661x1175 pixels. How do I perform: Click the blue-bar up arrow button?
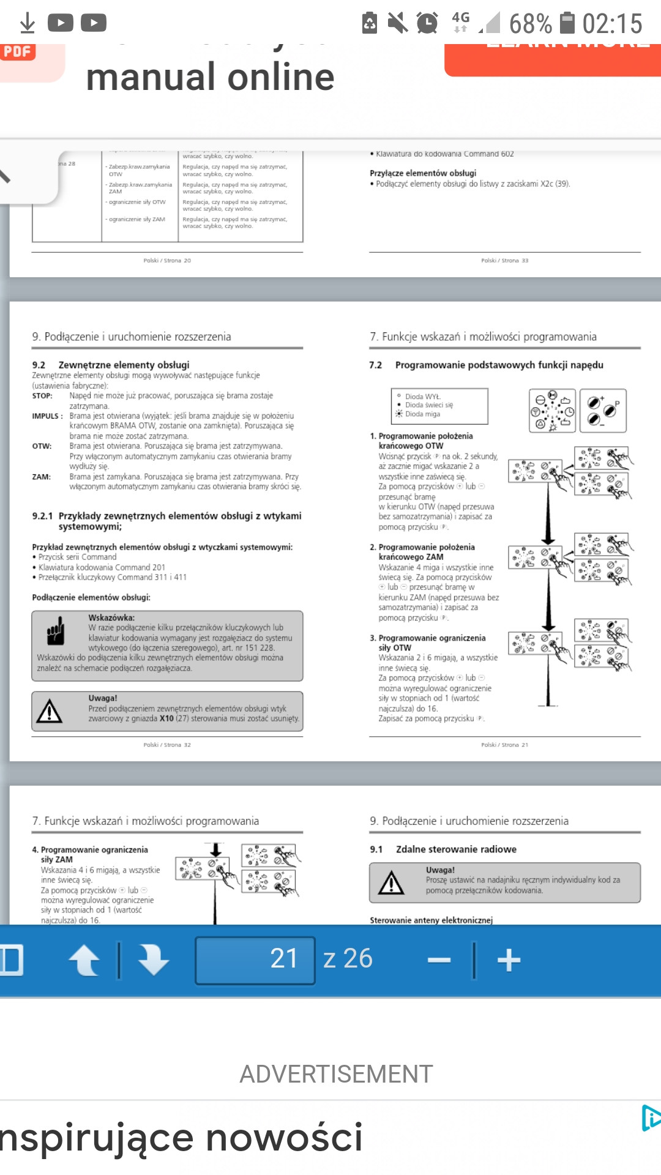pyautogui.click(x=84, y=960)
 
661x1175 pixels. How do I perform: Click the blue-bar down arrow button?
pyautogui.click(x=153, y=960)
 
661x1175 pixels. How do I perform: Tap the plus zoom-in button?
pyautogui.click(x=509, y=960)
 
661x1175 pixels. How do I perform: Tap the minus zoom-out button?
pyautogui.click(x=439, y=960)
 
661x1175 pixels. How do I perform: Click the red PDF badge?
pyautogui.click(x=18, y=51)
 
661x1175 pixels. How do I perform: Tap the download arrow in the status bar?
pyautogui.click(x=27, y=23)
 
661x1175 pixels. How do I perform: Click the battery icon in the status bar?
pyautogui.click(x=567, y=23)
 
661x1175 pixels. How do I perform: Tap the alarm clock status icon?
pyautogui.click(x=427, y=23)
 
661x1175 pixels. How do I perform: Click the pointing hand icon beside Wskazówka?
pyautogui.click(x=56, y=631)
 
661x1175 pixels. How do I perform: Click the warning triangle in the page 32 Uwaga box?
pyautogui.click(x=50, y=711)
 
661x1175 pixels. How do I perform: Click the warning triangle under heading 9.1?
pyautogui.click(x=391, y=883)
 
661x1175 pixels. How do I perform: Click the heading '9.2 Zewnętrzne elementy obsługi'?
pyautogui.click(x=111, y=365)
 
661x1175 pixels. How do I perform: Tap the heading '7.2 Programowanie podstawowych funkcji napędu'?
pyautogui.click(x=487, y=365)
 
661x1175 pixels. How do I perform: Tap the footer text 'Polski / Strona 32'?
pyautogui.click(x=167, y=745)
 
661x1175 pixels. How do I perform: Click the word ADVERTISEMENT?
pyautogui.click(x=336, y=1074)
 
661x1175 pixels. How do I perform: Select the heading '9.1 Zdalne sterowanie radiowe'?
pyautogui.click(x=443, y=849)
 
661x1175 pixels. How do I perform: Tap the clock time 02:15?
pyautogui.click(x=612, y=24)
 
